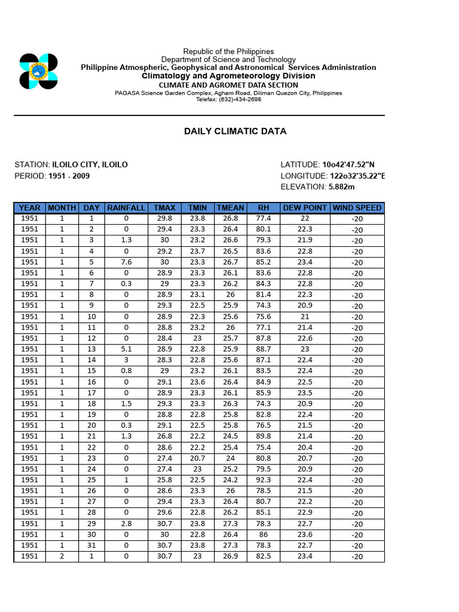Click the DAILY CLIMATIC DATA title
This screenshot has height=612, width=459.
point(235,131)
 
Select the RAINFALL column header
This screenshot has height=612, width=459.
point(126,208)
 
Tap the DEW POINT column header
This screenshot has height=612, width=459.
point(305,208)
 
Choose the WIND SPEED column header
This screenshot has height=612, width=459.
point(357,208)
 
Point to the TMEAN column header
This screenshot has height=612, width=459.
point(230,208)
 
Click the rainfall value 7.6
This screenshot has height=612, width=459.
point(126,262)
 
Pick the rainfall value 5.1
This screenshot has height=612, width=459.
point(126,349)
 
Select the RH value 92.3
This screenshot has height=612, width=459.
point(264,480)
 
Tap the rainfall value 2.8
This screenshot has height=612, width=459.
point(126,524)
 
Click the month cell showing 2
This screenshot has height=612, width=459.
point(62,556)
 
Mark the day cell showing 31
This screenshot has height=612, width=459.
point(91,545)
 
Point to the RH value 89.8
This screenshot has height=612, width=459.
point(264,436)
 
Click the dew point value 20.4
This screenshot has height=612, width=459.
point(305,447)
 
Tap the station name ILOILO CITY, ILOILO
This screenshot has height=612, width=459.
point(90,164)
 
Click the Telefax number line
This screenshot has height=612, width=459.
point(228,99)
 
